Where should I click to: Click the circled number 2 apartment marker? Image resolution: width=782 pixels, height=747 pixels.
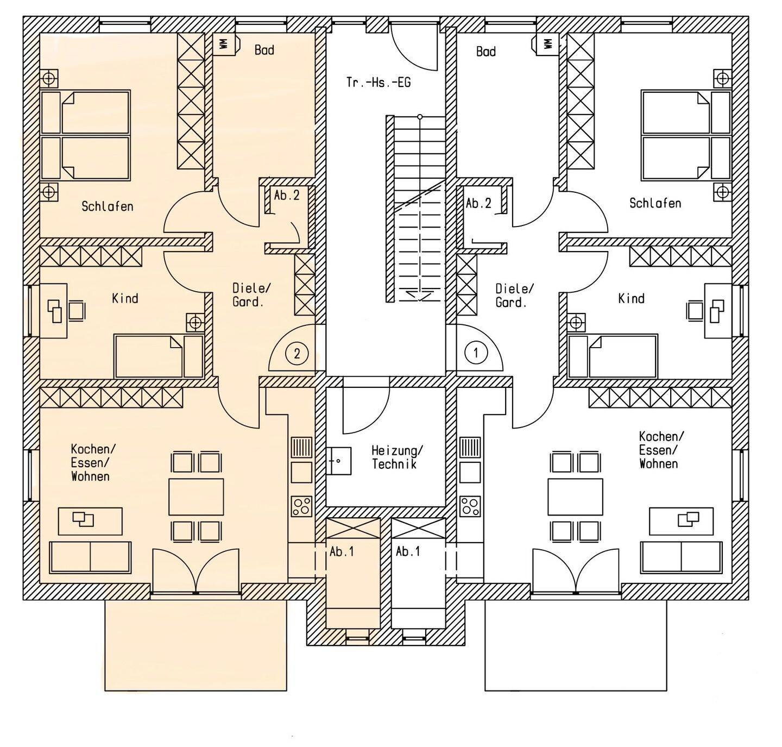(297, 354)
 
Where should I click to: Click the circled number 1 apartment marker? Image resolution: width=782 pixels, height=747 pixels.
(476, 353)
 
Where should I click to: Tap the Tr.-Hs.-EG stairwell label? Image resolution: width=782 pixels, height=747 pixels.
(379, 83)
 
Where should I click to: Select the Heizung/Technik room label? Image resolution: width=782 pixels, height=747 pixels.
(396, 457)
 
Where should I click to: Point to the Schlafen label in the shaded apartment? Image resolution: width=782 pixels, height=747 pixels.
(108, 206)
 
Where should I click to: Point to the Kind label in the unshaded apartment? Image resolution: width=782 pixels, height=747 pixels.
(632, 298)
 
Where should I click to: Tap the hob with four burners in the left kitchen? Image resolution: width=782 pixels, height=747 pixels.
(302, 506)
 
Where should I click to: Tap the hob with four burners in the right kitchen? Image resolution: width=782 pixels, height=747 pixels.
(470, 506)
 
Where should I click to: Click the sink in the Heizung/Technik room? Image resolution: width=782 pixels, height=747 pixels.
(338, 461)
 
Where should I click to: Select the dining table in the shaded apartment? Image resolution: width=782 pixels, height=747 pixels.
(196, 497)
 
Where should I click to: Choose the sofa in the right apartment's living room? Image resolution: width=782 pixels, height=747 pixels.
(681, 557)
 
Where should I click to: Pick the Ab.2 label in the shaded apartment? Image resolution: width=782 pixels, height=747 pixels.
(287, 196)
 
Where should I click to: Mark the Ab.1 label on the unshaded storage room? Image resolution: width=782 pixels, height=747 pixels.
(408, 551)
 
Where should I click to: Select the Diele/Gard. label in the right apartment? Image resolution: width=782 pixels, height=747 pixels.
(514, 296)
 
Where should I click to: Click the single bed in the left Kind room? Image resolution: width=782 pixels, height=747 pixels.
(159, 356)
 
